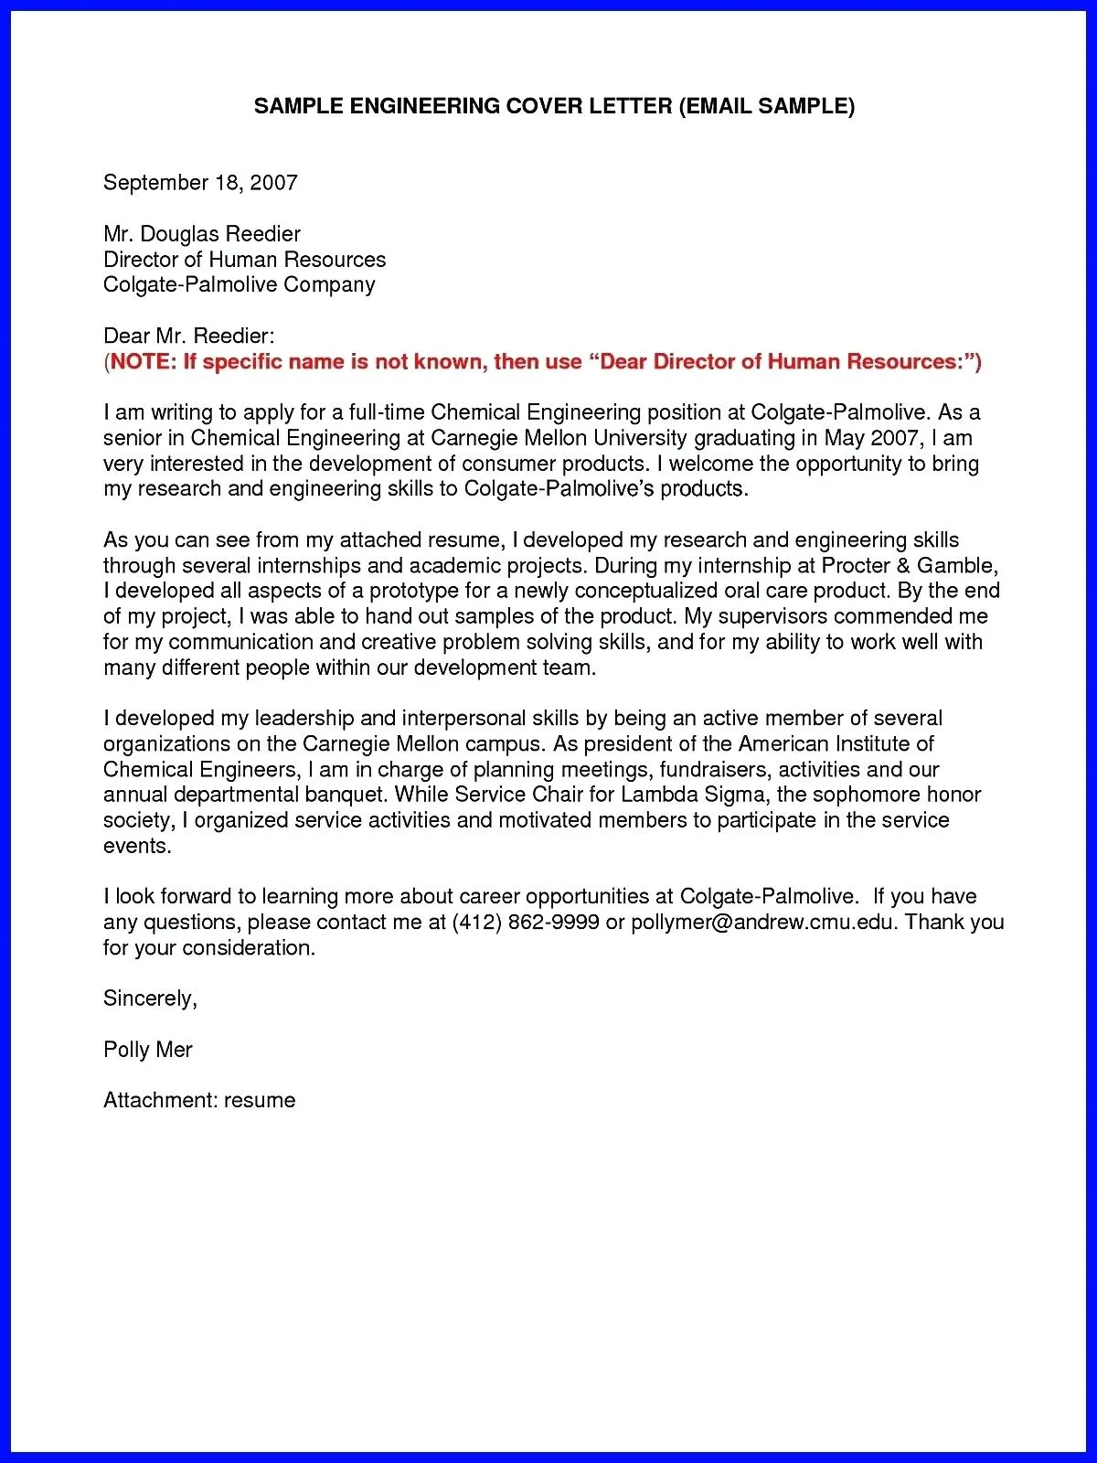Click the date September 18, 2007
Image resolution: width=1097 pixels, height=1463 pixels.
pos(200,183)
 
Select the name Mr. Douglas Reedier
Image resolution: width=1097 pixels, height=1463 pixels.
pos(202,234)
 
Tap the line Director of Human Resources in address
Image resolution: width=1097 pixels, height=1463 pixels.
pos(244,260)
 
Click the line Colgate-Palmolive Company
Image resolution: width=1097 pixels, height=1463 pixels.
pos(239,285)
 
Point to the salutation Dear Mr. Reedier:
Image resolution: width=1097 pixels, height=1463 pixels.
pos(188,336)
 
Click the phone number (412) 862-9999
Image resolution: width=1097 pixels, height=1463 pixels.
pos(526,922)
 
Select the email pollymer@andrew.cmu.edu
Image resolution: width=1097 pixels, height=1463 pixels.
pos(762,922)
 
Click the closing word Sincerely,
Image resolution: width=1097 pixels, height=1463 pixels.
pos(150,998)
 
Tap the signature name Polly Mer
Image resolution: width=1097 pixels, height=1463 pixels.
pos(148,1050)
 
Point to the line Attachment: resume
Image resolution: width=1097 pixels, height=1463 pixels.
pos(199,1100)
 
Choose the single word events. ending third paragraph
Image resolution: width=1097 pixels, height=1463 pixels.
pos(137,846)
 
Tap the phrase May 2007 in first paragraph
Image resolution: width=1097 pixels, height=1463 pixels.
pos(874,438)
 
